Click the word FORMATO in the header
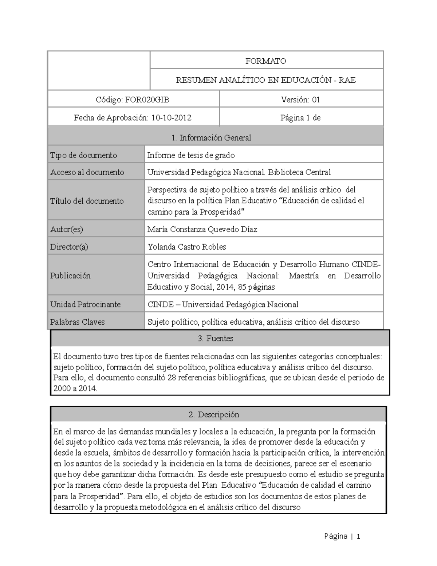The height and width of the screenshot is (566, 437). (265, 61)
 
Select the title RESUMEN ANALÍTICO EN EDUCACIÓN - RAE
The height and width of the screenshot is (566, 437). (266, 80)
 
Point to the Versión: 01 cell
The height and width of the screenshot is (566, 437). (300, 99)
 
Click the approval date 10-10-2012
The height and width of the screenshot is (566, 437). (171, 118)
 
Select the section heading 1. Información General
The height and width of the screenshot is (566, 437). (211, 137)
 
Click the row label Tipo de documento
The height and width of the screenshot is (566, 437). (83, 155)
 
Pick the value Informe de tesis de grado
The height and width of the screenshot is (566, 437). (191, 155)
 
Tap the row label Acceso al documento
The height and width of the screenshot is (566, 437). (87, 172)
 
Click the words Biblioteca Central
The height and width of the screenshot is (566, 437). (299, 172)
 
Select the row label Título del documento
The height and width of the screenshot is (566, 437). (87, 201)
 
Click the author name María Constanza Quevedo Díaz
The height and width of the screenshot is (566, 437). (202, 229)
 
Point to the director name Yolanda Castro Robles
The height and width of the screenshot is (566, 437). (186, 247)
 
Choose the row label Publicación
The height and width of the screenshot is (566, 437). (70, 276)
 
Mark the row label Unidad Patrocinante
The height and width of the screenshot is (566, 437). (85, 304)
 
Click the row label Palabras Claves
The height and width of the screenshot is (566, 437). (77, 322)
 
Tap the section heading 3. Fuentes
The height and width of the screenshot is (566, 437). (216, 338)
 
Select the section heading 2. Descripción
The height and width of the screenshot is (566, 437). (214, 414)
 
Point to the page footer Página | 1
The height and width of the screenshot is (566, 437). (342, 536)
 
